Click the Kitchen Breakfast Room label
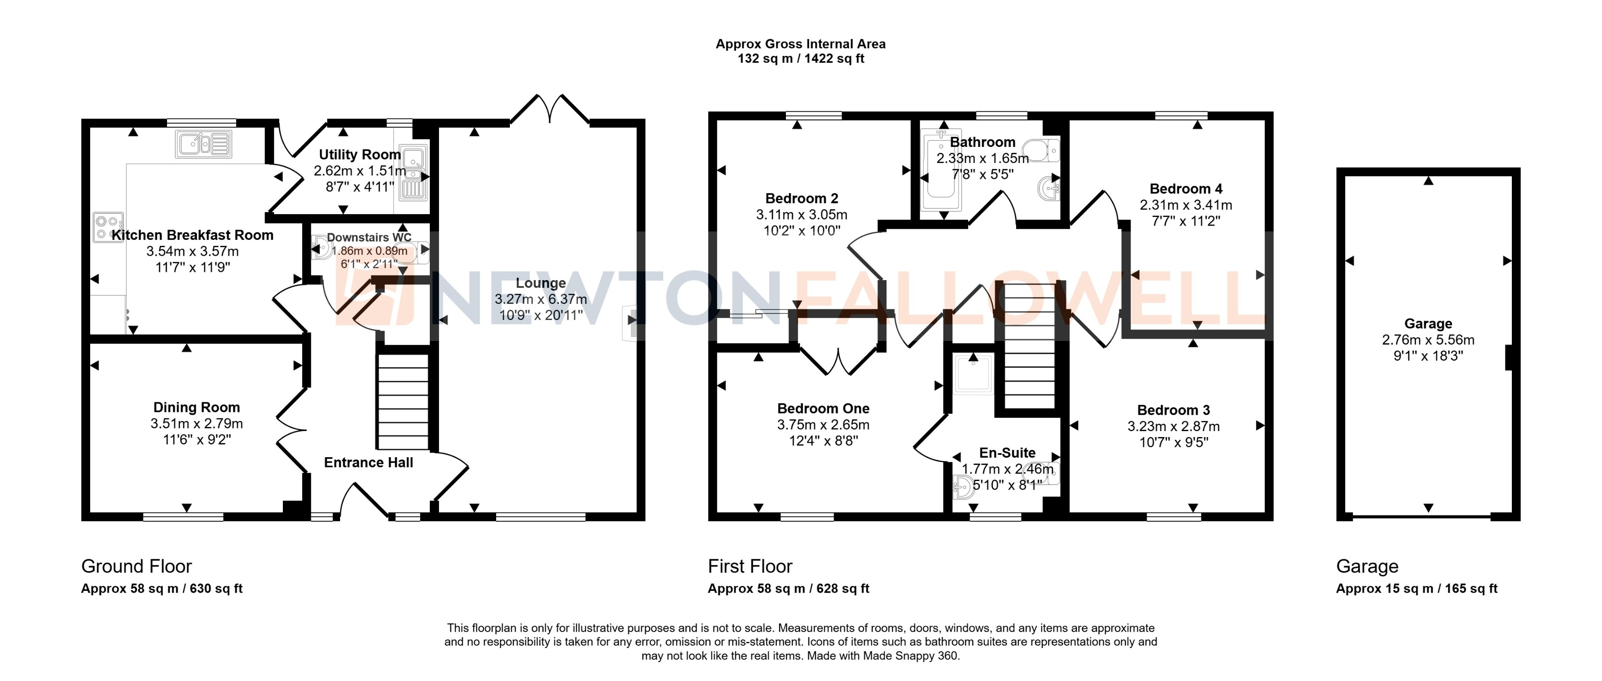[192, 235]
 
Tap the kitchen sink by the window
[203, 144]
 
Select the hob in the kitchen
[108, 227]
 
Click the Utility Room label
[359, 155]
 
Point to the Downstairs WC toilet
[322, 249]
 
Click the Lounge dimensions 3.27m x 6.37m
[541, 299]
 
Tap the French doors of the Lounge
[550, 109]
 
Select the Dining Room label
[196, 407]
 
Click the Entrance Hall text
[368, 463]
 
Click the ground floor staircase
[403, 401]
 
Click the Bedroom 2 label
[801, 198]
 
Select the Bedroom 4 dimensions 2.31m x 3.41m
[1185, 205]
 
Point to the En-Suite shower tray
[973, 373]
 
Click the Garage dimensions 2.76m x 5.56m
[1428, 340]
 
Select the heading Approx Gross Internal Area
[801, 44]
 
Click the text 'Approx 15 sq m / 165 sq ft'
[1417, 589]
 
